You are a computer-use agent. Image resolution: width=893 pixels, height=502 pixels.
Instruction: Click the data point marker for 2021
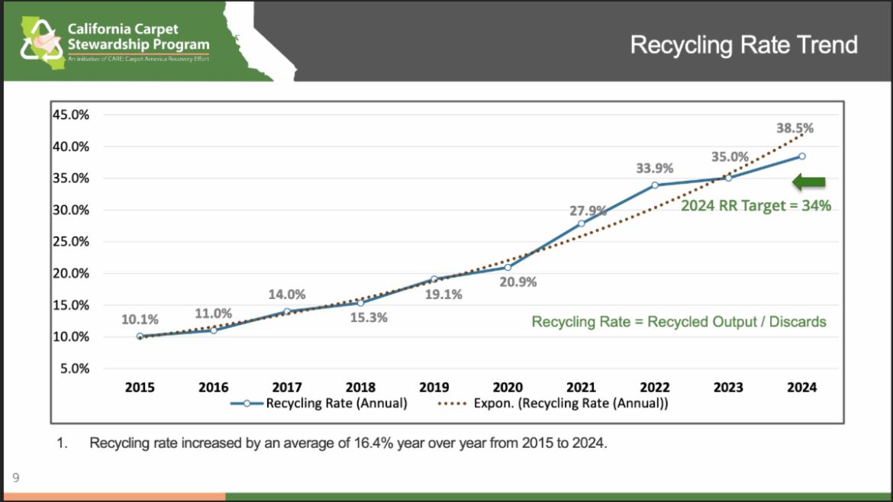[x=582, y=224]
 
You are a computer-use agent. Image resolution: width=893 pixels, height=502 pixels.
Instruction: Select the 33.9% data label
[x=655, y=168]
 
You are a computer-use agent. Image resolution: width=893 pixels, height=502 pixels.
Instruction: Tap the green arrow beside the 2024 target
[x=809, y=182]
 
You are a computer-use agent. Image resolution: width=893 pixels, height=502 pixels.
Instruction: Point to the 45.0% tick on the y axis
[x=71, y=114]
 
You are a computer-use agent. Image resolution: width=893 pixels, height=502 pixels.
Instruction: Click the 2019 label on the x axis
[x=434, y=388]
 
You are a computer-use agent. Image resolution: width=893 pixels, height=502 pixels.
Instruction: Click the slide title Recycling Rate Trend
[x=743, y=44]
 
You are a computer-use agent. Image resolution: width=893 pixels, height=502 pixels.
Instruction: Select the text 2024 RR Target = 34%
[x=756, y=205]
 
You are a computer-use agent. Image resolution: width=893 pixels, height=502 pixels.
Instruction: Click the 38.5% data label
[x=795, y=128]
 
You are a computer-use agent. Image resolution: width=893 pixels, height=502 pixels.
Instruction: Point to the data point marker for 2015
[x=140, y=336]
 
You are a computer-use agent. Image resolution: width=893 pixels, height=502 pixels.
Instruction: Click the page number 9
[x=15, y=479]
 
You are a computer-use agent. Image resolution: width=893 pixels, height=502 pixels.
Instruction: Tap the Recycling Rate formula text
[x=679, y=321]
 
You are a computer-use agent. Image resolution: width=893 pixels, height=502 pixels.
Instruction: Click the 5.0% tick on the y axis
[x=74, y=368]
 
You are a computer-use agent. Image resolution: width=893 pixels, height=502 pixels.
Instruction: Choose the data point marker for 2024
[x=801, y=156]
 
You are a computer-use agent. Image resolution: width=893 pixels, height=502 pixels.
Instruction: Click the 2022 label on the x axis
[x=654, y=388]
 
